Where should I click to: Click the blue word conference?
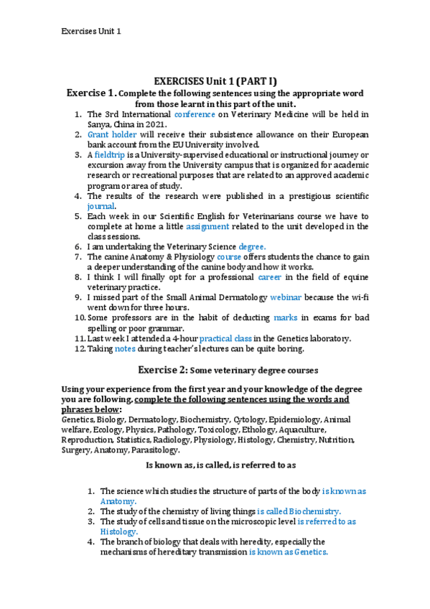pos(195,113)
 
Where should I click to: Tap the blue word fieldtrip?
pos(108,154)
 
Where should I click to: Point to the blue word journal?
pos(101,205)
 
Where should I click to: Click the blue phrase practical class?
pos(226,338)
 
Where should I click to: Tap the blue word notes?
pos(125,348)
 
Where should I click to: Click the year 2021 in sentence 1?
pos(156,124)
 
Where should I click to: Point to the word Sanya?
pos(99,124)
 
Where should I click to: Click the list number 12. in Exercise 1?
pos(78,348)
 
